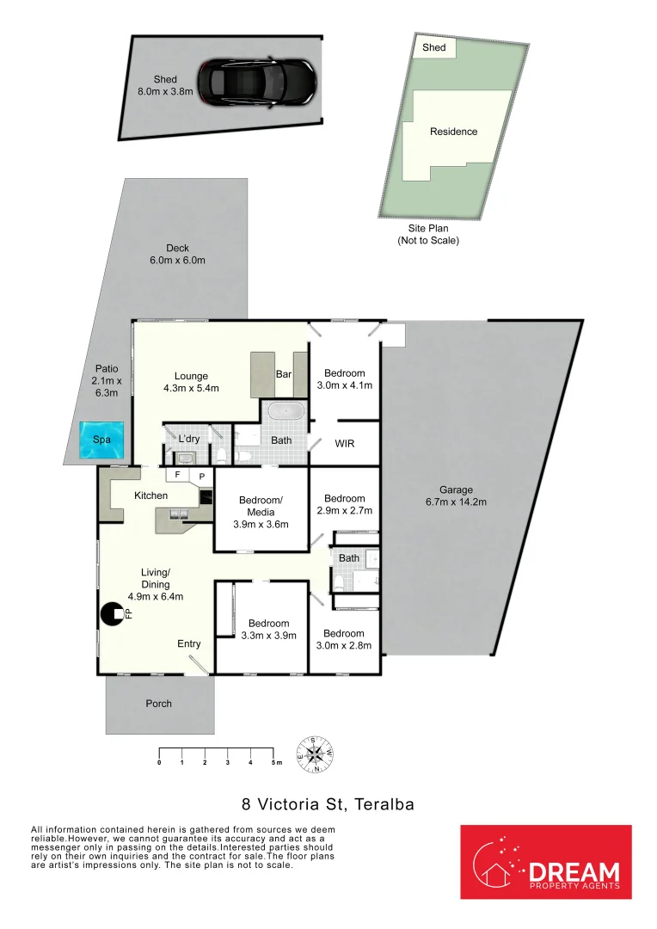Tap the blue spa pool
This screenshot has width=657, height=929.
click(x=101, y=440)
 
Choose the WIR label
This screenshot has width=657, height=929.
click(x=344, y=444)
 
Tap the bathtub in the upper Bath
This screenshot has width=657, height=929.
click(x=283, y=412)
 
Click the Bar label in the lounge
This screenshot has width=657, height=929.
click(x=284, y=375)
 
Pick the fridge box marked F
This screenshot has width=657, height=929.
click(x=178, y=474)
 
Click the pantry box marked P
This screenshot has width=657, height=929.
click(x=202, y=476)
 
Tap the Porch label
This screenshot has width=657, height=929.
click(x=158, y=704)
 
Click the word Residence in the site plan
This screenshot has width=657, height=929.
click(x=453, y=132)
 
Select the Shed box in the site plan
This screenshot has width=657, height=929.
click(x=434, y=48)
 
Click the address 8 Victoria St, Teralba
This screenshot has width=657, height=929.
click(x=328, y=805)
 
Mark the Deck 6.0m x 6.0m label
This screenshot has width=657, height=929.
click(x=178, y=254)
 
